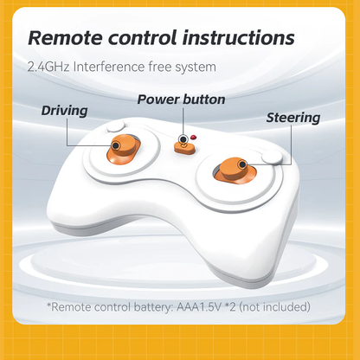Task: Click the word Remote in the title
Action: point(65,38)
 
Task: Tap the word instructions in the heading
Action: point(238,38)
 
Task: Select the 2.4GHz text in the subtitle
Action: point(48,67)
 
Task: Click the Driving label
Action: point(64,111)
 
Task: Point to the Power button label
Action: point(181,100)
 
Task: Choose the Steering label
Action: point(293,118)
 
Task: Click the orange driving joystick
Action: point(124,149)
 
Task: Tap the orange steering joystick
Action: point(235,170)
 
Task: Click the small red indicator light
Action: point(193,137)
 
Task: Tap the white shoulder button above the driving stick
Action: point(116,126)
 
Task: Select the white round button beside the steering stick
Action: point(272,157)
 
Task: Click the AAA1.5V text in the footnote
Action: point(199,307)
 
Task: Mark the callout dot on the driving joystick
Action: point(115,145)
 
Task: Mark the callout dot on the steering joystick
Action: point(242,164)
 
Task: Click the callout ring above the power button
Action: point(183,139)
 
